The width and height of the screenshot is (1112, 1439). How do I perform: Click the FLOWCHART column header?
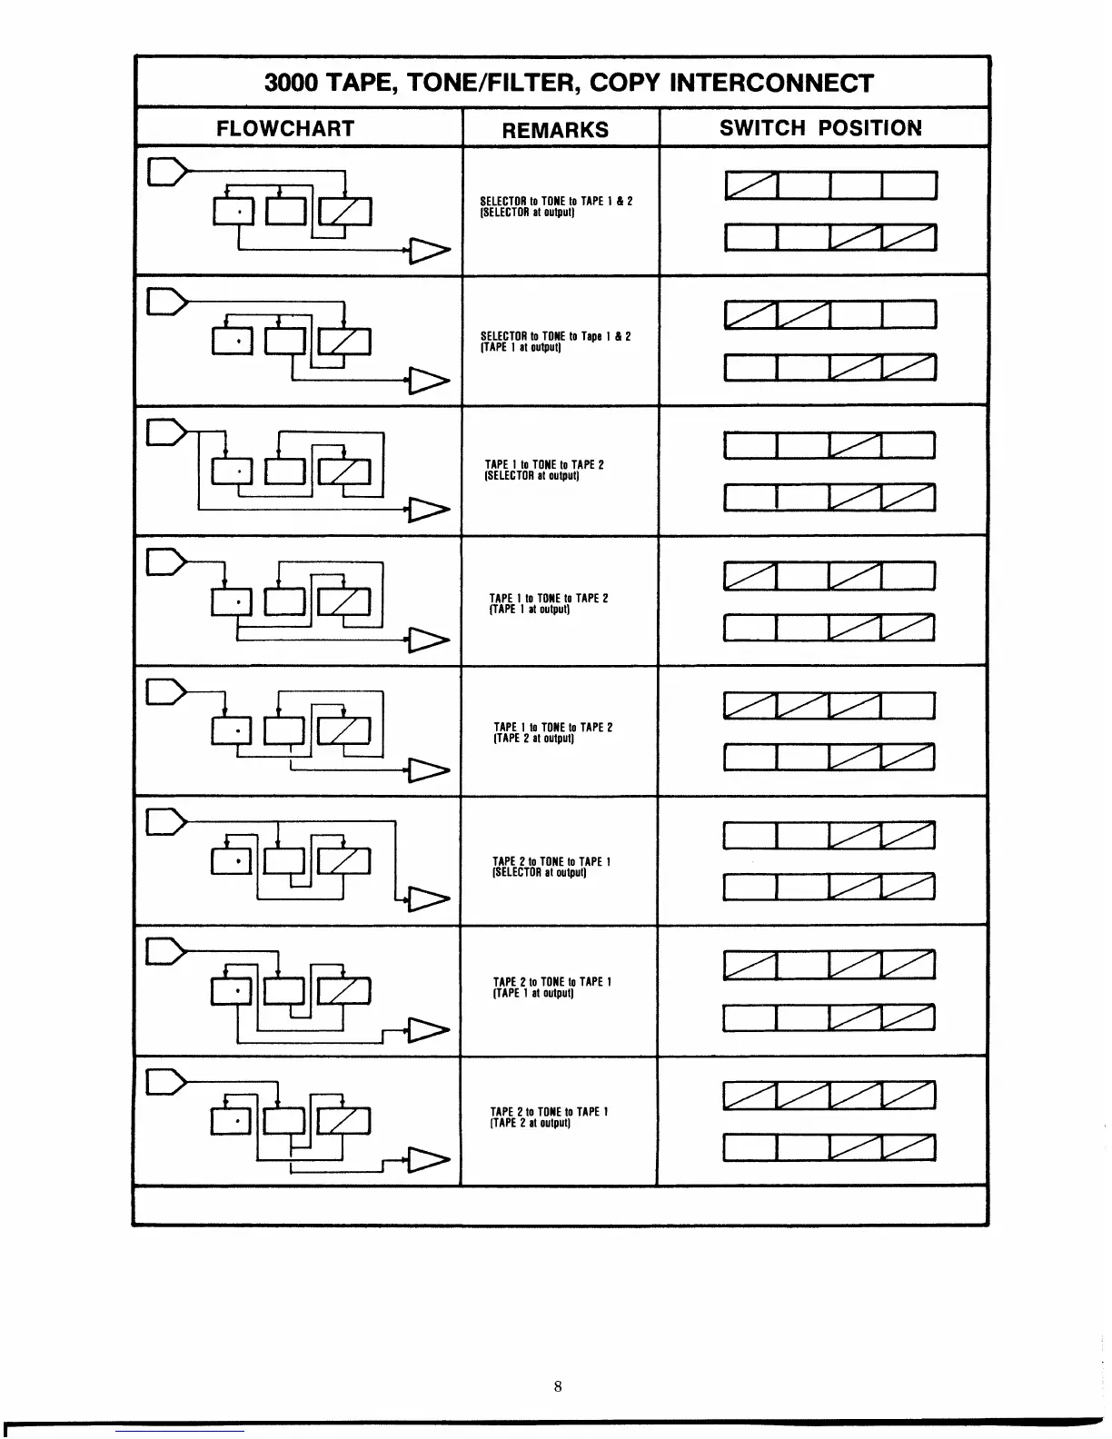tap(285, 128)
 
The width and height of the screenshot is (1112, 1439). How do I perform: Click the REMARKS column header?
tap(555, 130)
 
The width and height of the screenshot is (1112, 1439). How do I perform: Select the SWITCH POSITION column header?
tap(820, 128)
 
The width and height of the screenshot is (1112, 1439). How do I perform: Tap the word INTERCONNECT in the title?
tap(770, 83)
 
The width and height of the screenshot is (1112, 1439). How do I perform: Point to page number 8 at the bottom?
tap(557, 1386)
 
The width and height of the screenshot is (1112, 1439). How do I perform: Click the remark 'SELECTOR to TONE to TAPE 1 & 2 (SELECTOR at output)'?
tap(555, 205)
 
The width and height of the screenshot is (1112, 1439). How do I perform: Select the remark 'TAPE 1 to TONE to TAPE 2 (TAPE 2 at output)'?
tap(552, 732)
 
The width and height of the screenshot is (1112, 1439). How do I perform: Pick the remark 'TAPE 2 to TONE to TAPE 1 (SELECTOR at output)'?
tap(551, 867)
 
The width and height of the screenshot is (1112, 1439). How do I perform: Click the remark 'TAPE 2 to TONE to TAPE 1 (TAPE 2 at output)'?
tap(549, 1116)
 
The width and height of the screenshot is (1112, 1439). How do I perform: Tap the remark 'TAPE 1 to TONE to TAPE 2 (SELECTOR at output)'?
tap(544, 470)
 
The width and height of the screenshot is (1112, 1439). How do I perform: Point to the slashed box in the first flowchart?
tap(349, 213)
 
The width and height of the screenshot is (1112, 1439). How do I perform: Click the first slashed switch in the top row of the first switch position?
tap(750, 186)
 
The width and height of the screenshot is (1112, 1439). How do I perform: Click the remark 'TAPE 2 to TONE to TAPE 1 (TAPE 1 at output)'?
tap(551, 987)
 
